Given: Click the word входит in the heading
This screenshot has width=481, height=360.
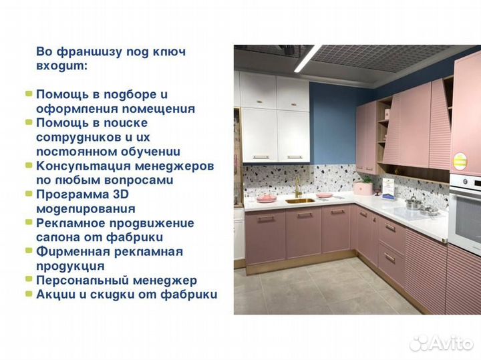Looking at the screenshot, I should (x=61, y=67).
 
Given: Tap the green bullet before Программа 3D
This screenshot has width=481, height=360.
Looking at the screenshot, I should (x=29, y=194).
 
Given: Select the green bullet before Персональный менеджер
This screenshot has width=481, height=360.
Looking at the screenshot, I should (x=29, y=281).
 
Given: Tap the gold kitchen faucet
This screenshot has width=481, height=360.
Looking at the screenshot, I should (x=297, y=186).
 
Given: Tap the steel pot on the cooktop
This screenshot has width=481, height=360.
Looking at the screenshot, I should (x=414, y=203).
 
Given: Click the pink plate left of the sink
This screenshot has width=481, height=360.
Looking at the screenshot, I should (x=267, y=198).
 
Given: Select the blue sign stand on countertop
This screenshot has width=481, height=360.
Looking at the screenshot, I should (x=388, y=186).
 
